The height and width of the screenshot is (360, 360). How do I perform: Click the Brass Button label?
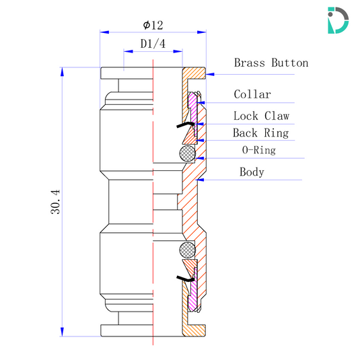tap(271, 63)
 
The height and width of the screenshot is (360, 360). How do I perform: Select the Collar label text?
tap(252, 95)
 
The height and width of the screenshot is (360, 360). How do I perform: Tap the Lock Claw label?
tap(260, 116)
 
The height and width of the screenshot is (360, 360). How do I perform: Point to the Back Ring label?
tap(260, 133)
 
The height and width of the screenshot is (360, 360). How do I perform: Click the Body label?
tap(252, 172)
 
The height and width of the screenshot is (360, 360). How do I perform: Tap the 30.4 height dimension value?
tap(55, 201)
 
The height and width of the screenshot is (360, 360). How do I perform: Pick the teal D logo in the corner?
tap(337, 20)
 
